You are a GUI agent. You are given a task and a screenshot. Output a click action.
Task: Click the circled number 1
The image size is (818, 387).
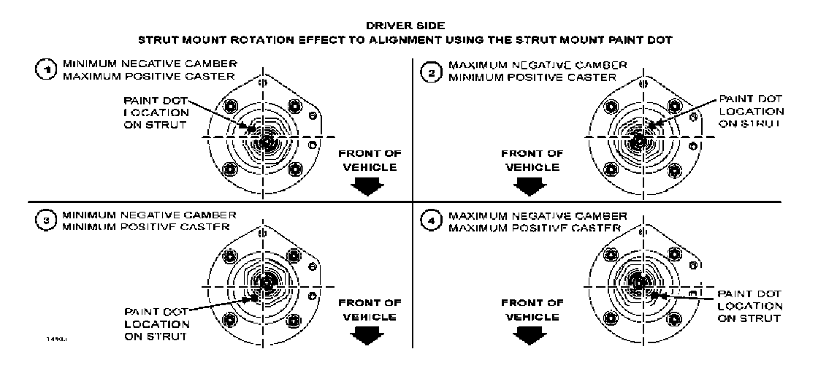(46, 69)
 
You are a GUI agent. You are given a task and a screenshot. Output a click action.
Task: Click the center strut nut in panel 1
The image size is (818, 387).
(264, 141)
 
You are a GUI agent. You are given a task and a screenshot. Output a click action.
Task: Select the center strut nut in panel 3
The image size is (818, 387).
(264, 281)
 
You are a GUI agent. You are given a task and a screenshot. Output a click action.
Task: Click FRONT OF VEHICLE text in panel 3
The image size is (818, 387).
(370, 309)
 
